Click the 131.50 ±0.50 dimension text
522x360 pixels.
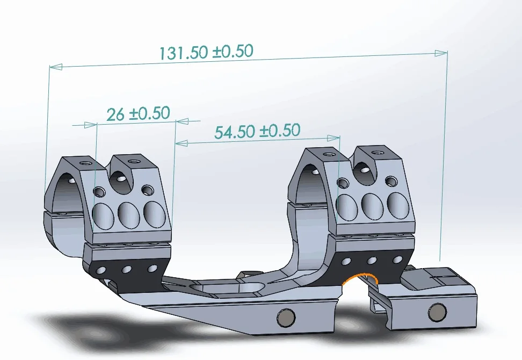[206, 52]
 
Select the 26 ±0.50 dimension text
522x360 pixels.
[138, 114]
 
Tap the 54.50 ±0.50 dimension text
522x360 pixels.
[257, 131]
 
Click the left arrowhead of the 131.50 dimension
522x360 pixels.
[56, 67]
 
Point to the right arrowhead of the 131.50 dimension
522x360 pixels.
[441, 53]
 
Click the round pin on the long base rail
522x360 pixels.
[286, 318]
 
